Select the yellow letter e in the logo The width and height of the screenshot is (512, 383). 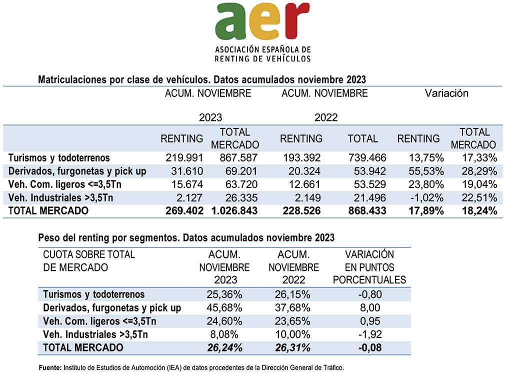pos(265,21)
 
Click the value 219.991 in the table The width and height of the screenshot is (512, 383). pos(184,157)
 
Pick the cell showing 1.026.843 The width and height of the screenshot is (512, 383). pos(234,211)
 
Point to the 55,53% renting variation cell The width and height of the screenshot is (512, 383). pos(426,171)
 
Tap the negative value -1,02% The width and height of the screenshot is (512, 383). pos(427,198)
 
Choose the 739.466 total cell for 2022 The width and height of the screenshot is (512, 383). pos(367,157)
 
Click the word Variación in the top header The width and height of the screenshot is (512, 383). pos(446,93)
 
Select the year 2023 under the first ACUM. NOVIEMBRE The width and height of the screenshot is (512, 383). pos(210,117)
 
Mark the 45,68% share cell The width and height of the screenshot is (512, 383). pos(224,308)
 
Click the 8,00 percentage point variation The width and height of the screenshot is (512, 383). pos(370,308)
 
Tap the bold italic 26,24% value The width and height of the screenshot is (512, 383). pos(224,347)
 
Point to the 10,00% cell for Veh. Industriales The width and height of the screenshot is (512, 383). pos(292,334)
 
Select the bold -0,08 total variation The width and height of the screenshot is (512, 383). pos(370,347)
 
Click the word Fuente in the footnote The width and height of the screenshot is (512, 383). pos(50,367)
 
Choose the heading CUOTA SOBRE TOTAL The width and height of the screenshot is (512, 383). pos(89,254)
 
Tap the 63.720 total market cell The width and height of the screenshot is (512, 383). pos(241,184)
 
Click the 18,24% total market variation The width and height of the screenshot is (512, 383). pos(479,211)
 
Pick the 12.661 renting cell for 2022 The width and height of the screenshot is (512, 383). pos(304,184)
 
